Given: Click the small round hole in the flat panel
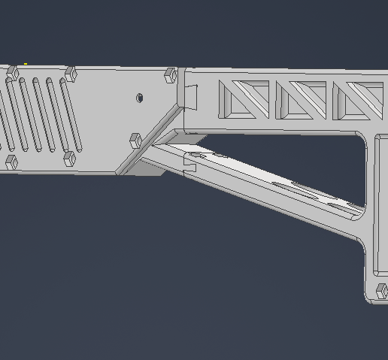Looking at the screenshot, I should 140,98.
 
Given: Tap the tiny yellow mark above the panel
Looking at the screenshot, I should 26,65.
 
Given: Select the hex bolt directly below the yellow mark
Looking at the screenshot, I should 13,72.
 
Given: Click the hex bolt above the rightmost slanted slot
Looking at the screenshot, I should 71,74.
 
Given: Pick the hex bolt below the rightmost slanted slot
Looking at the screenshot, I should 68,159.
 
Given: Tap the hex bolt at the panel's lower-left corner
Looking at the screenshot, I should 11,162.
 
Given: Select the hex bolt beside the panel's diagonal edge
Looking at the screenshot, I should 135,141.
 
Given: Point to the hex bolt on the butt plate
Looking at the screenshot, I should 381,291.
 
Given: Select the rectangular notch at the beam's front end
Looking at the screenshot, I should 191,95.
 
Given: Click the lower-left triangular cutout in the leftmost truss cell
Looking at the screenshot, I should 234,104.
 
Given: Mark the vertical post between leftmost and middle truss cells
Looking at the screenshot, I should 273,100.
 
